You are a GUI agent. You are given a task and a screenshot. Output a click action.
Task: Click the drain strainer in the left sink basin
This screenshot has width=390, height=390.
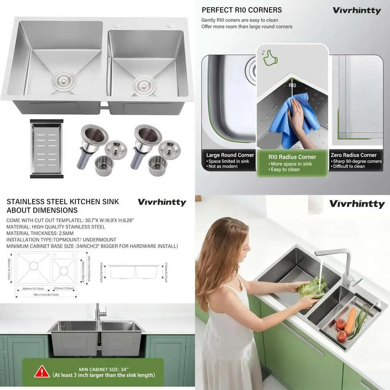(62, 79)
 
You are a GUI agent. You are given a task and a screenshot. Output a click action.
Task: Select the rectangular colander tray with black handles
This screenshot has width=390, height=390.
(46, 149)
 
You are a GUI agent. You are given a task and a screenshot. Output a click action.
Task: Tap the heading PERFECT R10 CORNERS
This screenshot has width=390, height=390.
(241, 10)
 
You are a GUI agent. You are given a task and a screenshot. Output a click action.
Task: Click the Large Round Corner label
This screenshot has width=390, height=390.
(230, 155)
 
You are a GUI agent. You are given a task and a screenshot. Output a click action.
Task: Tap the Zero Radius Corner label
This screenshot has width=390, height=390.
(353, 155)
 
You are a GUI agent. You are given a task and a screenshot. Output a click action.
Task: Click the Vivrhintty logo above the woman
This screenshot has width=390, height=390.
(356, 204)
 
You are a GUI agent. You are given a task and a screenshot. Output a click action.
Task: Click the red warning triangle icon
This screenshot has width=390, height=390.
(42, 372)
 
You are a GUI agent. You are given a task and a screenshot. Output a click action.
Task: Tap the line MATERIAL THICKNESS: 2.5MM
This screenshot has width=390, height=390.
(46, 233)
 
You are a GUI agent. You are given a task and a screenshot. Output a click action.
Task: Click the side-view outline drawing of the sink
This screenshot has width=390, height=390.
(134, 271)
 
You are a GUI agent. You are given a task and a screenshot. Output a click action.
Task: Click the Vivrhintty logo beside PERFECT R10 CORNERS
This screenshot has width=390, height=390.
(356, 11)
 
